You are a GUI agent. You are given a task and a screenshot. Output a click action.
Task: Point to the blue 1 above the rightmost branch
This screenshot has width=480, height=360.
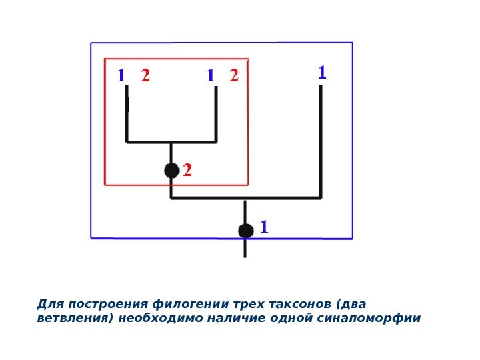(322, 73)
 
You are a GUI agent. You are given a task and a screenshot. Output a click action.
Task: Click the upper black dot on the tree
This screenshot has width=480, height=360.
(172, 171)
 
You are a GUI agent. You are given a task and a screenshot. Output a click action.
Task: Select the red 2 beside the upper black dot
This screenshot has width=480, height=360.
(187, 171)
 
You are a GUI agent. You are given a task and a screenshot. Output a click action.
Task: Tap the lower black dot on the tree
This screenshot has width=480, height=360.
(246, 231)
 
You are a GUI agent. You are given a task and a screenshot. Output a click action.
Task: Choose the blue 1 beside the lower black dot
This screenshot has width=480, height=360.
(264, 228)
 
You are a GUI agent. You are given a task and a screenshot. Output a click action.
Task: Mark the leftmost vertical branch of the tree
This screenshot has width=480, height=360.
(127, 120)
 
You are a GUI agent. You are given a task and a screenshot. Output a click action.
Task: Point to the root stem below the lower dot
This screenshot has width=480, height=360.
(246, 248)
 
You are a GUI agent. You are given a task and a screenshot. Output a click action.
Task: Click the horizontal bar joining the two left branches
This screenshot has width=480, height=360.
(171, 142)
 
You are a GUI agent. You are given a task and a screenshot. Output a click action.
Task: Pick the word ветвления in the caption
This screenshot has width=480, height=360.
(73, 318)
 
